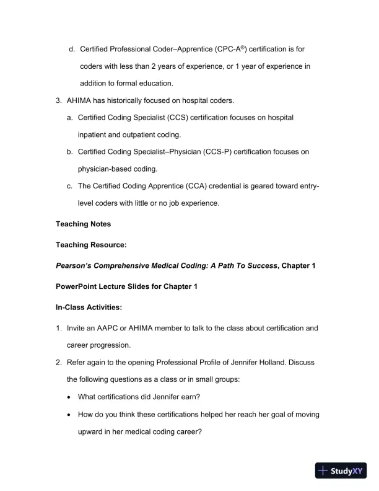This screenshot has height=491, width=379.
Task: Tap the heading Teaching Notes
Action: click(84, 224)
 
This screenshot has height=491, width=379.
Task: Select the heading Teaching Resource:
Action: click(91, 245)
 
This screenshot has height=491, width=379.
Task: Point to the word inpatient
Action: click(97, 134)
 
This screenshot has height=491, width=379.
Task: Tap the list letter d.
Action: click(71, 48)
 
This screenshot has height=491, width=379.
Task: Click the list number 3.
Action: click(58, 100)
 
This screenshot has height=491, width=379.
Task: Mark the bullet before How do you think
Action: click(69, 414)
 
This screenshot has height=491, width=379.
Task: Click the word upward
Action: click(92, 431)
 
